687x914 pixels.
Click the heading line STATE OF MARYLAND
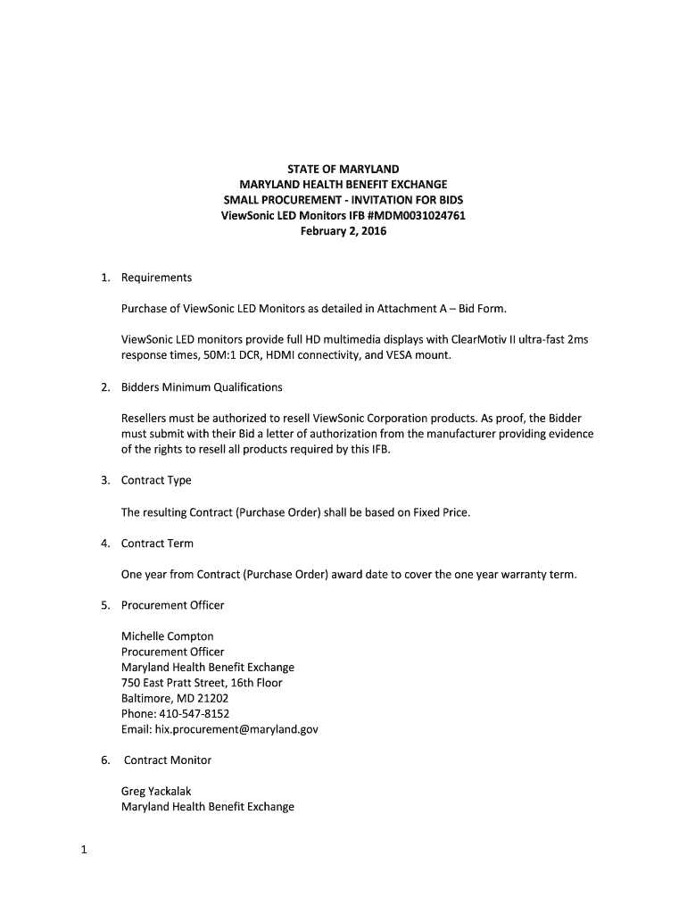coord(343,169)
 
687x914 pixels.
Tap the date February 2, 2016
coord(343,231)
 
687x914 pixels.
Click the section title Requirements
coord(156,278)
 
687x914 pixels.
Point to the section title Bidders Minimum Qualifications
coord(202,386)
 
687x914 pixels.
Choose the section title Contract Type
coord(156,480)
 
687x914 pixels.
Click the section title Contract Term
coord(157,543)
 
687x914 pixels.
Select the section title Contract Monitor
coord(168,760)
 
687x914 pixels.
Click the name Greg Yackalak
coord(156,791)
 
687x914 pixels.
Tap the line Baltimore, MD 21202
coord(175,698)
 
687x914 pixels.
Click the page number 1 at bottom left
coord(83,851)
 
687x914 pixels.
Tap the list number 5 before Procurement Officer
coord(105,605)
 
